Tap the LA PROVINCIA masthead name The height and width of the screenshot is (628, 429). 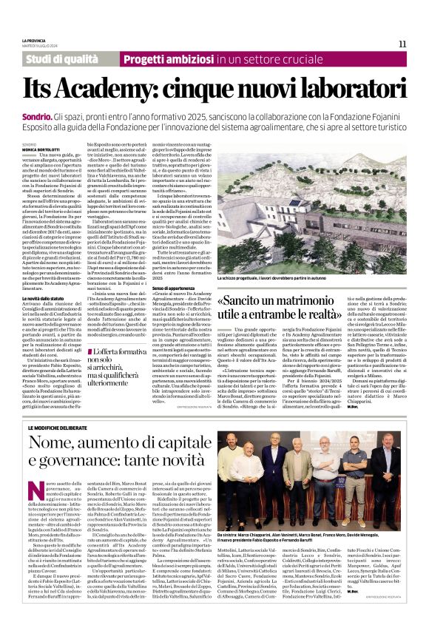coord(34,40)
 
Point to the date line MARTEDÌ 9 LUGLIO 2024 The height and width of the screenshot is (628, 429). coord(39,45)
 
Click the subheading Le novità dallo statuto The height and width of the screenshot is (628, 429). coord(46,297)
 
